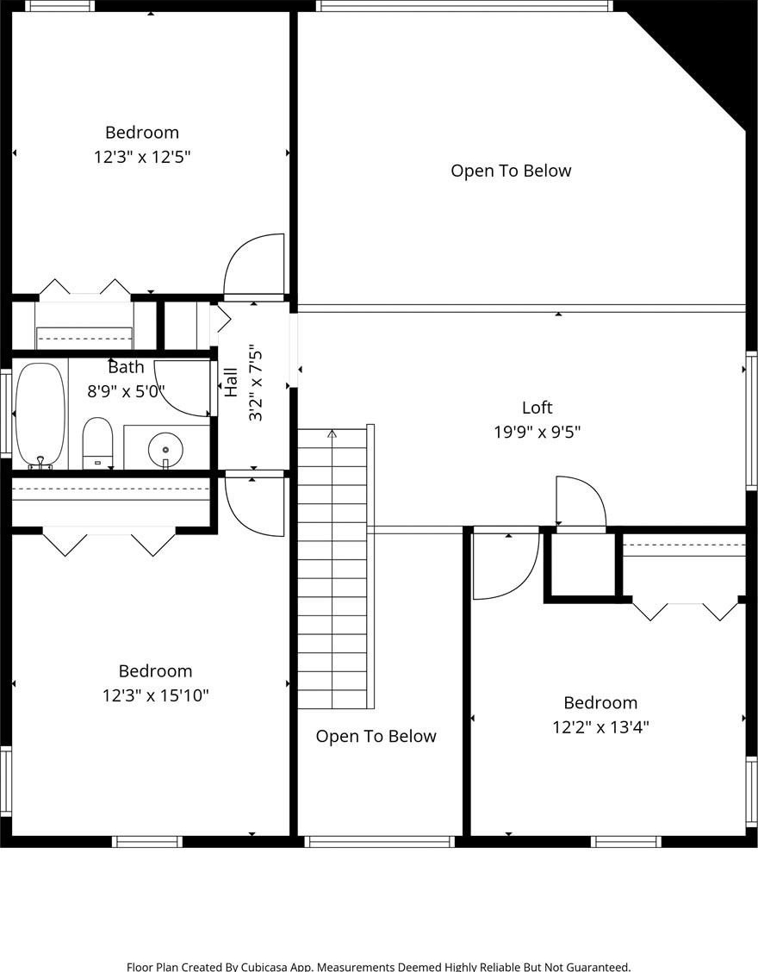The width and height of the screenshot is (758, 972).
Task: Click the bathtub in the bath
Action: click(x=40, y=415)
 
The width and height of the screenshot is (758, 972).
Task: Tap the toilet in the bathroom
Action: click(x=97, y=443)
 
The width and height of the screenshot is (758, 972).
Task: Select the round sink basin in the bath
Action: click(x=165, y=449)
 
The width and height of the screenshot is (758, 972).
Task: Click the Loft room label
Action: click(x=537, y=408)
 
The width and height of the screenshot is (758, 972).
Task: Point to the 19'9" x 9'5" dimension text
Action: click(x=537, y=432)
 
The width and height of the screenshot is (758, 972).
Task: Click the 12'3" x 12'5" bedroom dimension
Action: click(x=142, y=156)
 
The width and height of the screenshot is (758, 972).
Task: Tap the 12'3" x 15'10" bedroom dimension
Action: click(x=156, y=695)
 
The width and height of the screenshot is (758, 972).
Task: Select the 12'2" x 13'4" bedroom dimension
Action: click(x=600, y=726)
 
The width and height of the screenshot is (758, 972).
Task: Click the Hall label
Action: click(x=231, y=383)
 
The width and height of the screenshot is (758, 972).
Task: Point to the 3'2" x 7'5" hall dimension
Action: click(x=256, y=385)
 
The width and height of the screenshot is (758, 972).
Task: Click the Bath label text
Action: click(x=126, y=367)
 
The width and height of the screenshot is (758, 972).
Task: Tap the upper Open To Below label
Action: click(x=511, y=171)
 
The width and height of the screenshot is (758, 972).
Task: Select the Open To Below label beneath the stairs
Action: click(x=376, y=736)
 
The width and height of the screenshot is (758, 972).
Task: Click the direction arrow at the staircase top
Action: click(x=332, y=434)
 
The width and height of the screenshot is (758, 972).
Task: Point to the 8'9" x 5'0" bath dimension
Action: click(x=126, y=391)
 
